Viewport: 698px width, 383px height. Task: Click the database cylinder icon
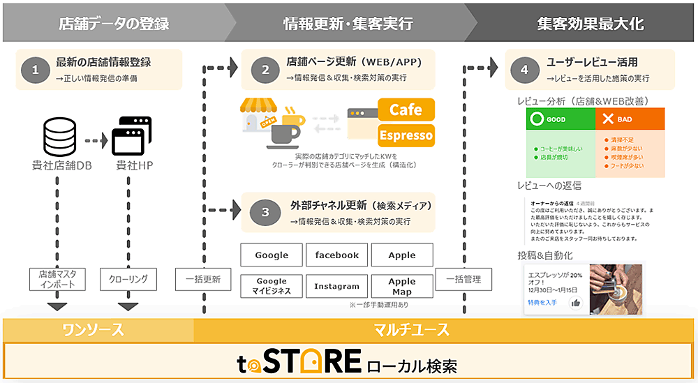pyautogui.click(x=59, y=137)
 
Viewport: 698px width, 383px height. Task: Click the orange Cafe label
pyautogui.click(x=406, y=110)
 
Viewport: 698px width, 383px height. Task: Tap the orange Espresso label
pyautogui.click(x=406, y=135)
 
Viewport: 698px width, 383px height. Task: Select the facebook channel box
pyautogui.click(x=336, y=255)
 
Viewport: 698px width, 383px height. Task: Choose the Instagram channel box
pyautogui.click(x=336, y=286)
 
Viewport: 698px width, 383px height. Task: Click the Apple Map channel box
pyautogui.click(x=402, y=286)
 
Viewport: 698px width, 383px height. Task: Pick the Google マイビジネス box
pyautogui.click(x=272, y=286)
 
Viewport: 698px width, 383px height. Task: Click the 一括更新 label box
pyautogui.click(x=203, y=279)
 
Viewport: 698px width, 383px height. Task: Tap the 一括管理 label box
pyautogui.click(x=463, y=279)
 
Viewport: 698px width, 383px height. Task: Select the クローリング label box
pyautogui.click(x=128, y=279)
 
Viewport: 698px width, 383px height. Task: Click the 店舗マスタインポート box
pyautogui.click(x=57, y=279)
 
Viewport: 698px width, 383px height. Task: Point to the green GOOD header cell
pyautogui.click(x=560, y=119)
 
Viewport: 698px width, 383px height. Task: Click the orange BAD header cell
pyautogui.click(x=630, y=119)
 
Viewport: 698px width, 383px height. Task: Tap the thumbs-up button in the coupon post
pyautogui.click(x=576, y=302)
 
